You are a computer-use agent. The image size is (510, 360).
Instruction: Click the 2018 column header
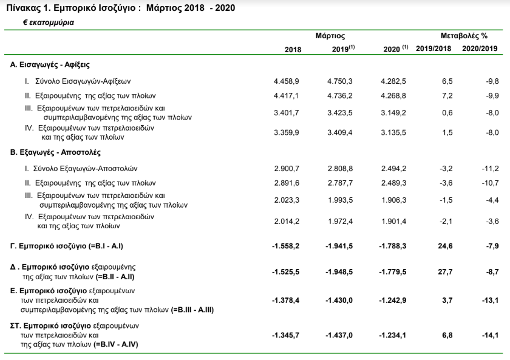[293, 49]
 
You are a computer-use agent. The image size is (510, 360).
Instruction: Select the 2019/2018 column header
[433, 49]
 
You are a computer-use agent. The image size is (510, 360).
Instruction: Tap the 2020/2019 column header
[480, 49]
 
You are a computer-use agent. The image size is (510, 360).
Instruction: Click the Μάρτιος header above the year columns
[330, 36]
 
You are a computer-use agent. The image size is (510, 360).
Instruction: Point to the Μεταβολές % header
[464, 36]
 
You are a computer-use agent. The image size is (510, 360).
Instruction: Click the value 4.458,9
[286, 81]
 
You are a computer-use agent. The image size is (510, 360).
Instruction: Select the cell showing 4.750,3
[340, 81]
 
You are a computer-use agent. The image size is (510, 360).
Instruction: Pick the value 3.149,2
[393, 113]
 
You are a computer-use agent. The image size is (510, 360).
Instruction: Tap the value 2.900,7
[287, 168]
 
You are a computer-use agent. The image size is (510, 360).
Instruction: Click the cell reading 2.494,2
[394, 168]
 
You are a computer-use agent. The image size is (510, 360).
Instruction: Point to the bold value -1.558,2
[285, 246]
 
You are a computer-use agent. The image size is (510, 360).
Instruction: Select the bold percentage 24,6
[445, 246]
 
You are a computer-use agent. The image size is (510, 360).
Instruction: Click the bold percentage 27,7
[445, 271]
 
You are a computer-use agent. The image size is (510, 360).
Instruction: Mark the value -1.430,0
[339, 300]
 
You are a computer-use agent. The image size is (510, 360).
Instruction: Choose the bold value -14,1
[490, 335]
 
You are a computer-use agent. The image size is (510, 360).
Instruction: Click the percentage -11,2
[490, 168]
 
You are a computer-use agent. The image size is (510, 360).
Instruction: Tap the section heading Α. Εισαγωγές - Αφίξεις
[50, 65]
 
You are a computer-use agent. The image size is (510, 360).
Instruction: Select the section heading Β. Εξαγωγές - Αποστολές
[55, 152]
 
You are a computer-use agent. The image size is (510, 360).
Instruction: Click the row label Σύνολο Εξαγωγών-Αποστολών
[85, 168]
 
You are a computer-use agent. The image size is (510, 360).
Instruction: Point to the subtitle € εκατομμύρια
[49, 22]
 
